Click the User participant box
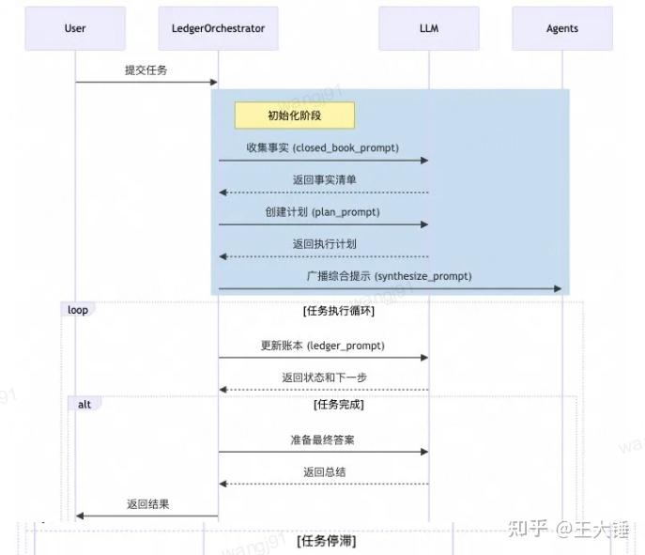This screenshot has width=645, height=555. coord(75,28)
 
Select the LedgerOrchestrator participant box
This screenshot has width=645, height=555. coord(218,28)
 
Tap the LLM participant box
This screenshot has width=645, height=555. coord(429,28)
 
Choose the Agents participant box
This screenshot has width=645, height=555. coord(562,28)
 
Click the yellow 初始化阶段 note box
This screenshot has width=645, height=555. coord(295,116)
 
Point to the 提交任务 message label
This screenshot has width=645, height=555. coord(146,70)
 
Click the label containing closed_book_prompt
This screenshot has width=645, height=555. coord(323,147)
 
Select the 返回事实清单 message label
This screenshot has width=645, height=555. coord(325,179)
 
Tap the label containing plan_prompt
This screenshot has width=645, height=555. coord(323,212)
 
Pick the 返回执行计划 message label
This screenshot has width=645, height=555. coord(325,244)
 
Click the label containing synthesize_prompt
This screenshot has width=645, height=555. coord(389,276)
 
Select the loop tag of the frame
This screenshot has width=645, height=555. coord(78,310)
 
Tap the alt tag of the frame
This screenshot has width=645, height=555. coord(84,405)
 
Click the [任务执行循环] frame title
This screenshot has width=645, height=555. coord(339,311)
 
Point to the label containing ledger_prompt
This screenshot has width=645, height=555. coord(323,346)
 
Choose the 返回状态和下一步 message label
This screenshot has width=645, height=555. coord(325,378)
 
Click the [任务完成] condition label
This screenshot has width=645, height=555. coord(339,405)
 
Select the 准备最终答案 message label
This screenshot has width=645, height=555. coord(323,439)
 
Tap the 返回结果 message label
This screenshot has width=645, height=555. coord(148,504)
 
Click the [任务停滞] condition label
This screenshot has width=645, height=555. coord(327,541)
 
